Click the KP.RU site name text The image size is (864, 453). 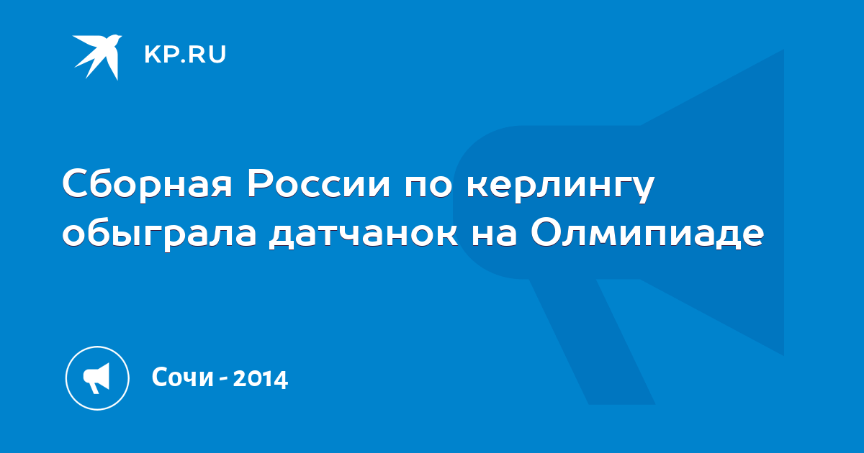click(x=185, y=55)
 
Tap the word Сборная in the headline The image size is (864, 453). click(x=148, y=184)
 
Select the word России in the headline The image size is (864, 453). click(x=318, y=184)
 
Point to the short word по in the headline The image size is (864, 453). click(x=428, y=187)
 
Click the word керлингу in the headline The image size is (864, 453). click(x=560, y=188)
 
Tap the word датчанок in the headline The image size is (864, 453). click(x=364, y=234)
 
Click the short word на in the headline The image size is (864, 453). click(x=494, y=234)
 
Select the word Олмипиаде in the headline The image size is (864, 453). click(x=647, y=233)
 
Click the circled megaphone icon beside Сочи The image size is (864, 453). click(x=97, y=378)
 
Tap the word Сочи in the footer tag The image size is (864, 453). click(x=182, y=377)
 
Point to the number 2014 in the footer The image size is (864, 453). click(x=261, y=378)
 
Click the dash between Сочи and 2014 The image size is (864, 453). click(x=223, y=379)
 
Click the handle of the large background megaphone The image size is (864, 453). click(x=592, y=342)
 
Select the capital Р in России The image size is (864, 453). click(x=260, y=184)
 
